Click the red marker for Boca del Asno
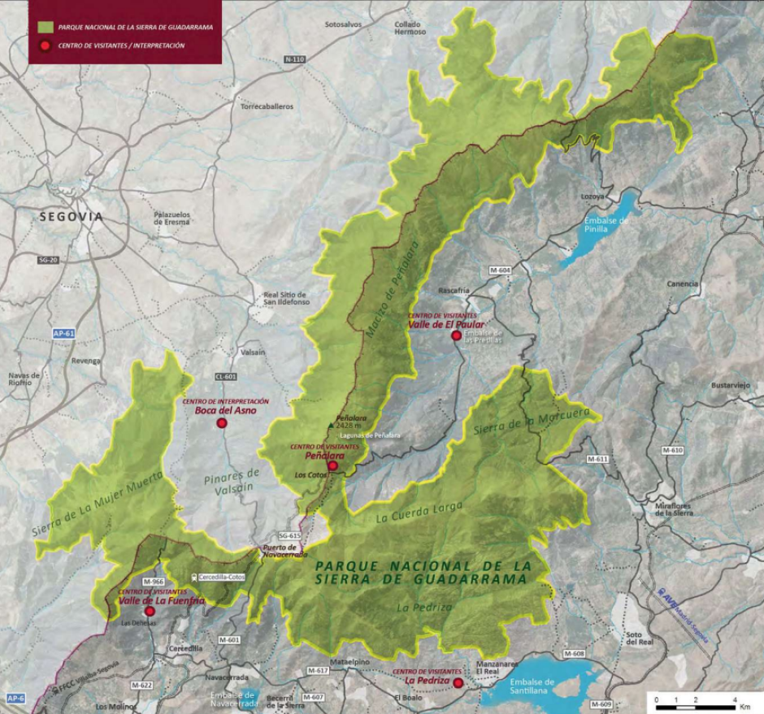pos(221,423)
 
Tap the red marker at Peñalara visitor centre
pos(332,466)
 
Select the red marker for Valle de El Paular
pos(457,335)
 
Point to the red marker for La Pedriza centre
pos(458,683)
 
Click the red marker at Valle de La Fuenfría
pos(150,611)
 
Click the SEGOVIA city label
pos(72,217)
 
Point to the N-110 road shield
pos(294,60)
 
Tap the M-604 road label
pos(500,270)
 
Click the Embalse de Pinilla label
pos(606,225)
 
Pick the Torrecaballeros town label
pos(267,106)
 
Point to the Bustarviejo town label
pos(727,384)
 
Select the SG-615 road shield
pos(289,536)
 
